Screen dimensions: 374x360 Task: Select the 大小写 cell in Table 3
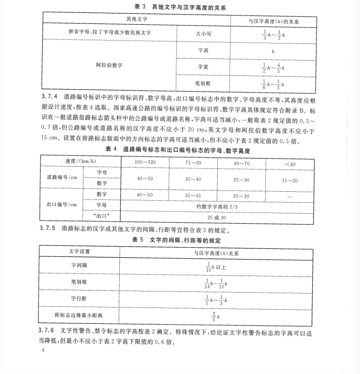pyautogui.click(x=203, y=34)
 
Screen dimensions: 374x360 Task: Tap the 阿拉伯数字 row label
pyautogui.click(x=109, y=65)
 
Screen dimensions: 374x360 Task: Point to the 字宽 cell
pyautogui.click(x=203, y=67)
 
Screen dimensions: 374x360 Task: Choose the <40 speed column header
pyautogui.click(x=290, y=163)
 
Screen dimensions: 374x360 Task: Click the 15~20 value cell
pyautogui.click(x=290, y=180)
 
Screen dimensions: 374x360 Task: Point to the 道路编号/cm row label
pyautogui.click(x=62, y=177)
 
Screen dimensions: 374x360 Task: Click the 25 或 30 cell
pyautogui.click(x=217, y=217)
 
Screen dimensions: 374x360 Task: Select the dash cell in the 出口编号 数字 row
pyautogui.click(x=290, y=196)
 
